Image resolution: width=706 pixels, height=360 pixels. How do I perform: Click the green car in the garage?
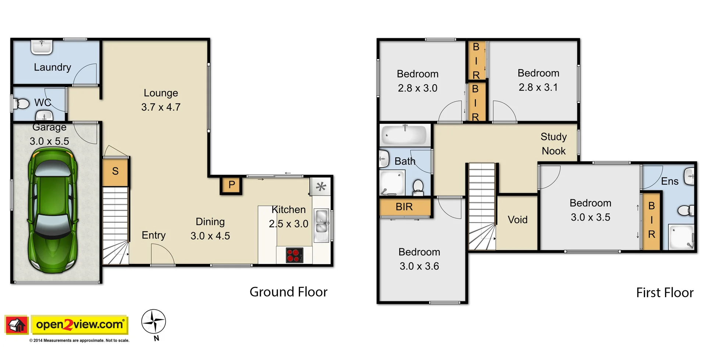(53, 210)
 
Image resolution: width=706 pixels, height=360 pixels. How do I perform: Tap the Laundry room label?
(52, 67)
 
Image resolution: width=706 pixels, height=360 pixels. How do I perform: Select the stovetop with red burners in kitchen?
(295, 255)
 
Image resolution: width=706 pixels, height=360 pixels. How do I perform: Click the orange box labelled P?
(231, 185)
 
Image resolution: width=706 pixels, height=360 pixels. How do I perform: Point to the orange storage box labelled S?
(115, 171)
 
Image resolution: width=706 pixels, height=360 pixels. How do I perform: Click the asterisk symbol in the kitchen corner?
(321, 186)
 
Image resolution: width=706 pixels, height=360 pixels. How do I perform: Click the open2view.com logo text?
(79, 324)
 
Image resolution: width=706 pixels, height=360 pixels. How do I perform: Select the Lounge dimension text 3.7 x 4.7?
(161, 107)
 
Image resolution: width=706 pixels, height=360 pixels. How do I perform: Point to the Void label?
(517, 220)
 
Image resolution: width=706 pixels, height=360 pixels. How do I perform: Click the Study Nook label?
(553, 144)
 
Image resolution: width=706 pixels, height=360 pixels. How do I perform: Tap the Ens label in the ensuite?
(670, 181)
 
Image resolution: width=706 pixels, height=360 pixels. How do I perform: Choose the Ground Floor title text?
(288, 292)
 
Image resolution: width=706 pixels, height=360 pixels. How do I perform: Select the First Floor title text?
(664, 293)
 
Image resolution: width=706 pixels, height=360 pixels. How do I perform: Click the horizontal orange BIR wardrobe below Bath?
(404, 207)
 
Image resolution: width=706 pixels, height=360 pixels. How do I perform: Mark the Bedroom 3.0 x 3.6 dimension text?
(419, 266)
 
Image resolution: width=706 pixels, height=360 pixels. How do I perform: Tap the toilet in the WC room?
(22, 104)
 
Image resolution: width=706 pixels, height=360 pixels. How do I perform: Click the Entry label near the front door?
(154, 235)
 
